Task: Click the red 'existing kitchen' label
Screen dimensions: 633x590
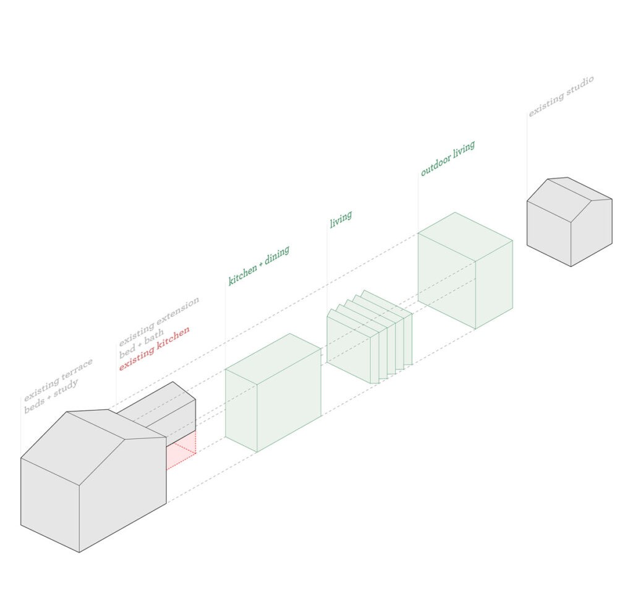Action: coord(154,349)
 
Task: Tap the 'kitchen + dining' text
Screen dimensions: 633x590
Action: coord(259,265)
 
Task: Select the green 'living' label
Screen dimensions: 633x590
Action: coord(341,219)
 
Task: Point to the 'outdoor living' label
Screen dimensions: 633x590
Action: coord(448,158)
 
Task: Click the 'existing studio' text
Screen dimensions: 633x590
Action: coord(561,96)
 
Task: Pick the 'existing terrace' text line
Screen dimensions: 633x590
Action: coord(58,380)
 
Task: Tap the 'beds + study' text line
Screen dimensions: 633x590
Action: coord(51,396)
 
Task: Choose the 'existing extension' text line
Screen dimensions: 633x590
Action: coord(159,321)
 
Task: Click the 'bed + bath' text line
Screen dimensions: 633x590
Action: coord(142,344)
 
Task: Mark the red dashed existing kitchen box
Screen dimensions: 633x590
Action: coord(181,451)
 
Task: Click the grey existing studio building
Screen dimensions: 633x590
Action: coord(569,222)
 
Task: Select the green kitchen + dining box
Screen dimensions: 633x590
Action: coord(273,393)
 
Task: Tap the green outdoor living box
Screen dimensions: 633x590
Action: coord(465,270)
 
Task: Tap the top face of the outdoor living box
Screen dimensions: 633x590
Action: coord(465,236)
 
